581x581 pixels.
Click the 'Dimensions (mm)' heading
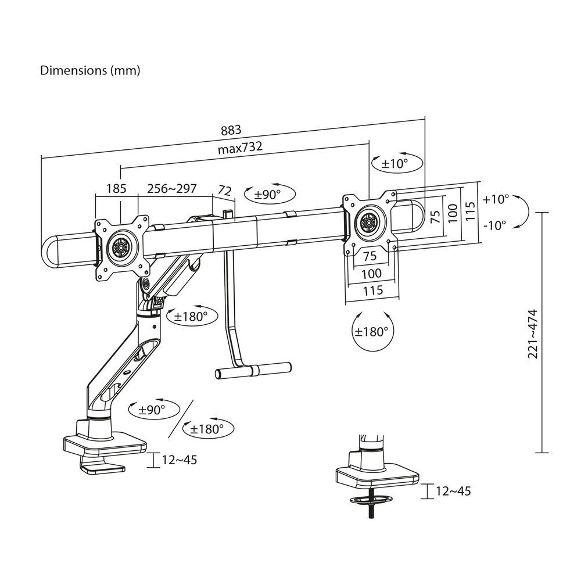[x=90, y=71]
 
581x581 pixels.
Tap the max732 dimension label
[x=240, y=148]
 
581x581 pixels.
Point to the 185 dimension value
[x=117, y=189]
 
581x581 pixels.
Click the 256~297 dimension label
[x=171, y=189]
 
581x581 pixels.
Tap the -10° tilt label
[x=495, y=224]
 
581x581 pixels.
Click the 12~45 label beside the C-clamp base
[x=180, y=460]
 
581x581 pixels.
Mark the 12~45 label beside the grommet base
[x=453, y=491]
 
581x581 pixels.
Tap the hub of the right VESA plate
[x=368, y=222]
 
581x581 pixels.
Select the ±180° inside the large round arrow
[x=371, y=332]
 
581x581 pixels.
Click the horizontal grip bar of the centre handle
[x=253, y=370]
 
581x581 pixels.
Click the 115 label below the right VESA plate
[x=372, y=290]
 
